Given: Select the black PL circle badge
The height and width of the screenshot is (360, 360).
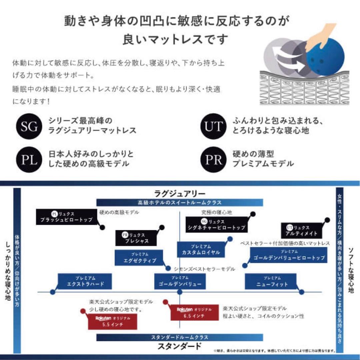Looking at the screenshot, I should (x=29, y=160).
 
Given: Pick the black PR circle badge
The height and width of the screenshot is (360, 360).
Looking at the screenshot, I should (x=213, y=160).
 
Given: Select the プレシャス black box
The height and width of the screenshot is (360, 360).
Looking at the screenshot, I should (x=136, y=238).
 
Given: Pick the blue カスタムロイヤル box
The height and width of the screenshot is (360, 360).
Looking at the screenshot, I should (x=201, y=249).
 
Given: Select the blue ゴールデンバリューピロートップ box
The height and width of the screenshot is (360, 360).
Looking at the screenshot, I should (x=289, y=255).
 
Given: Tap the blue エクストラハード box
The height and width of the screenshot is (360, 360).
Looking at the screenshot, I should (x=85, y=282).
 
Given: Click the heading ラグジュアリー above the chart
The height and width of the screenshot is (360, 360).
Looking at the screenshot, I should (x=180, y=193).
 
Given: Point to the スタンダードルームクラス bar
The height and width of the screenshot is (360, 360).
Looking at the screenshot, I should (x=180, y=337).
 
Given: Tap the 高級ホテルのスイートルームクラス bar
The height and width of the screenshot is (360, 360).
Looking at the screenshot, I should (x=180, y=202).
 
